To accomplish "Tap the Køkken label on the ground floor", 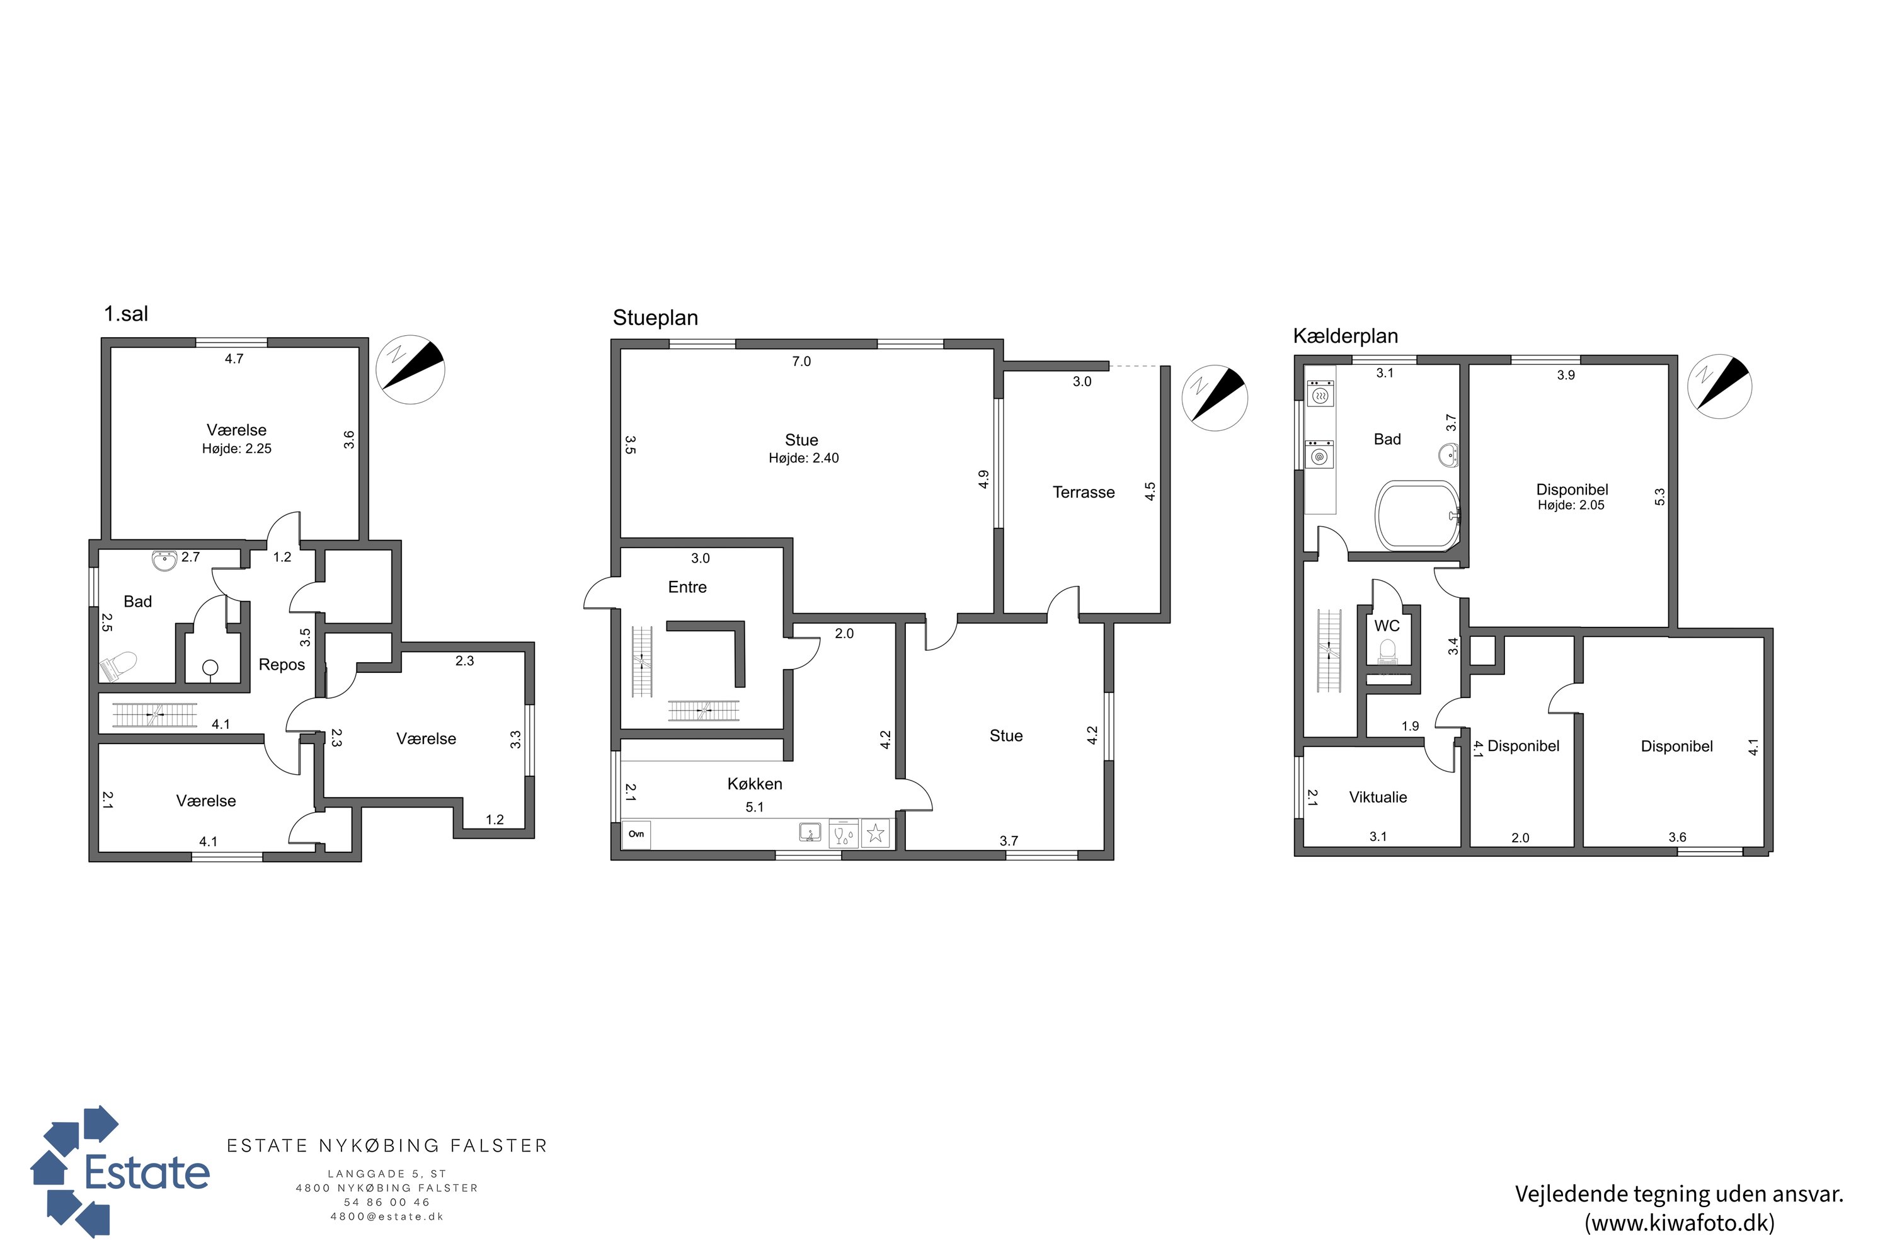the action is (755, 784).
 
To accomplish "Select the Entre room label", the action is (687, 587).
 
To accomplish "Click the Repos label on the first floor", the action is (281, 665).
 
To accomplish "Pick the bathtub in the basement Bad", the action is (1417, 515).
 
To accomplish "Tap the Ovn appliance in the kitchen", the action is (636, 834).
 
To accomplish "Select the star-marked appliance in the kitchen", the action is (875, 834).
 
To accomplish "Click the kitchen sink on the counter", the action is (810, 832).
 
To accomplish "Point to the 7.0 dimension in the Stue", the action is (801, 362).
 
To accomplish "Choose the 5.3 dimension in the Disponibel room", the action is (1660, 498).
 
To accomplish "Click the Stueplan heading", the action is (655, 318).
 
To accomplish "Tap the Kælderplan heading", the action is (1345, 336).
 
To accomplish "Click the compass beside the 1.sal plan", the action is (411, 370).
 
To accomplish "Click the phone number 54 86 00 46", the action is (387, 1202).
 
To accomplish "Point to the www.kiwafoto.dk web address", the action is (1680, 1223).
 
